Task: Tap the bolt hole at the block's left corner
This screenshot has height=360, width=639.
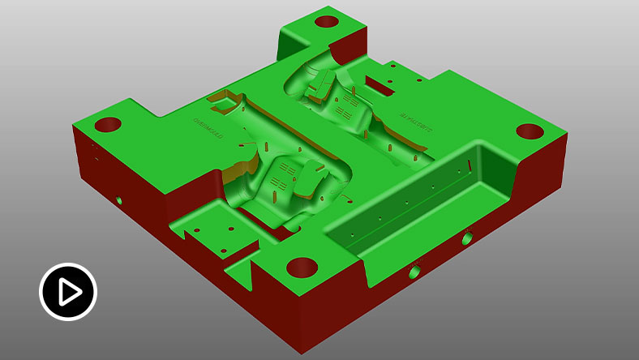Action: click(108, 125)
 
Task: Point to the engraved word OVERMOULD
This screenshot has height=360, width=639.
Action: click(207, 128)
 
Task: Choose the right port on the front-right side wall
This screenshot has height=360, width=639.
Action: click(467, 239)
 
